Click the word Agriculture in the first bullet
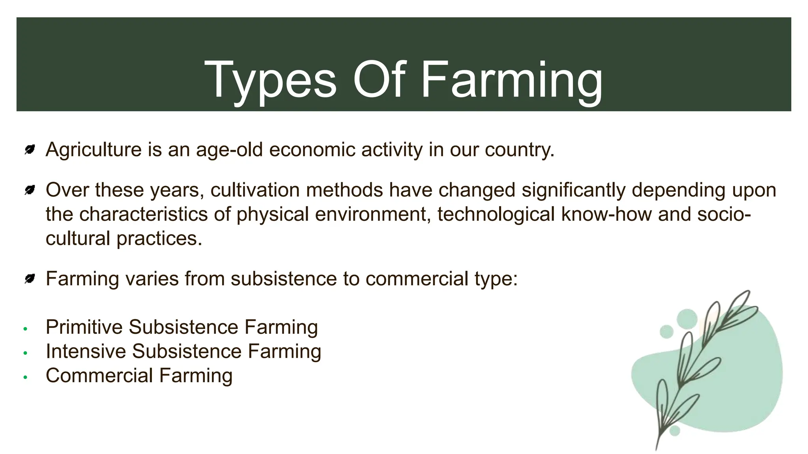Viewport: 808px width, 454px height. click(x=94, y=150)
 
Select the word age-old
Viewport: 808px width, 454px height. click(x=229, y=150)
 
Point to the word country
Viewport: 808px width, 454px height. click(x=519, y=150)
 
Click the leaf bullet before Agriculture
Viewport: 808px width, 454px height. click(x=30, y=150)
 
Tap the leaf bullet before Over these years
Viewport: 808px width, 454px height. click(x=30, y=190)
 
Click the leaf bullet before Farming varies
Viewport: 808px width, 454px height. click(x=30, y=279)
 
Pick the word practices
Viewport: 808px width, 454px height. click(x=159, y=239)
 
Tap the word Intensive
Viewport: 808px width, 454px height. click(x=86, y=351)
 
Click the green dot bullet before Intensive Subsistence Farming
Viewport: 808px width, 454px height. click(x=25, y=353)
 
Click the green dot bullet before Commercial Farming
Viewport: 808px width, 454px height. click(x=25, y=377)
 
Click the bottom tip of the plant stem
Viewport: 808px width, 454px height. click(x=656, y=449)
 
